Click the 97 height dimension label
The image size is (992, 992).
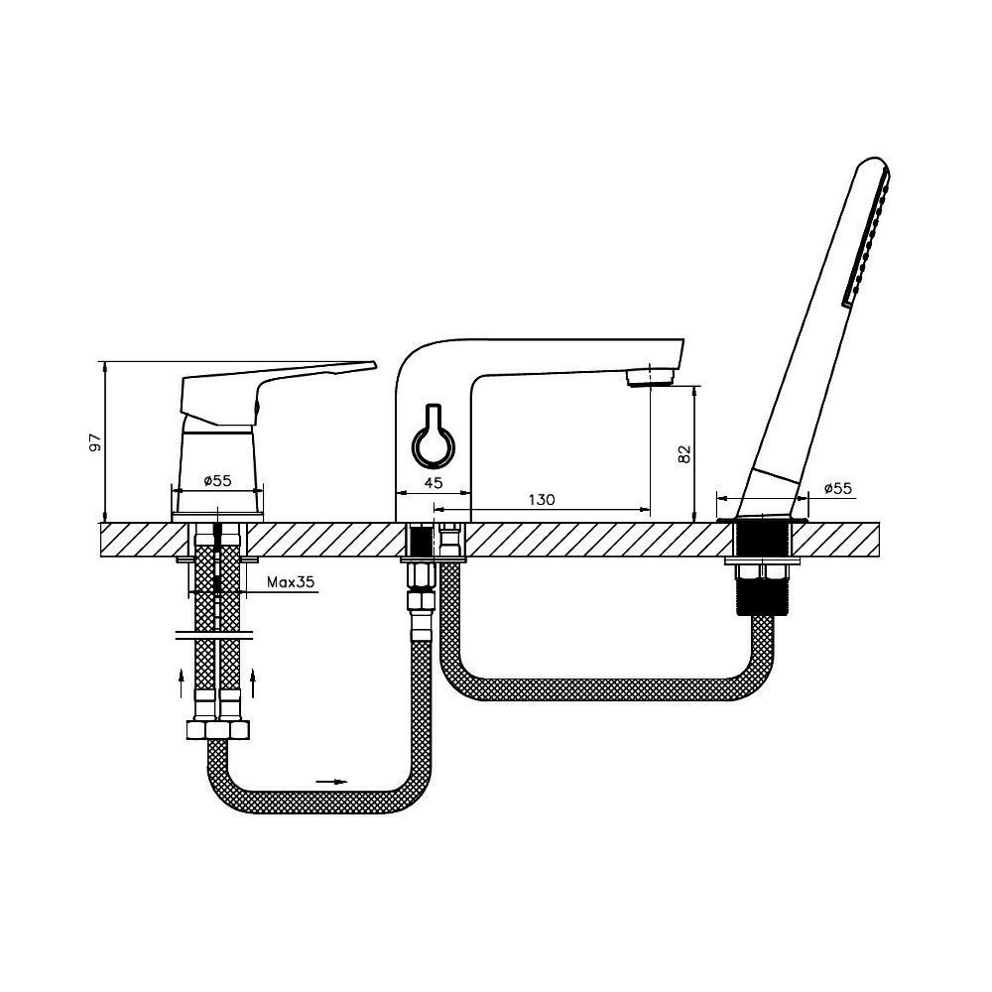[x=95, y=442]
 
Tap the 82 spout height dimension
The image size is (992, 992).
[x=684, y=453]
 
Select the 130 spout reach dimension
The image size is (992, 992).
[x=542, y=500]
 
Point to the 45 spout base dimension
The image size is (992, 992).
[x=433, y=483]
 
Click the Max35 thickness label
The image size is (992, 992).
[x=291, y=582]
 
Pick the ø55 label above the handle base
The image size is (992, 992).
[x=217, y=481]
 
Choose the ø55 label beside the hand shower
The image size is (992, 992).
[x=838, y=488]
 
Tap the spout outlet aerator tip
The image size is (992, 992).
[x=651, y=378]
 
